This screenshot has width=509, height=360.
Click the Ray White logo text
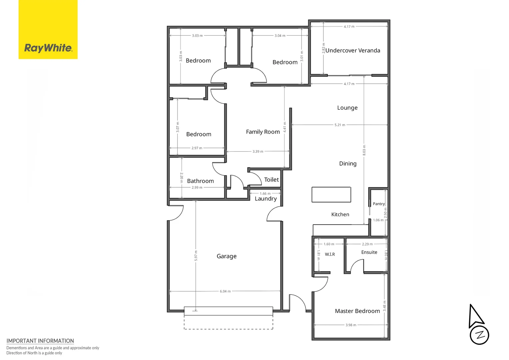[x=48, y=48]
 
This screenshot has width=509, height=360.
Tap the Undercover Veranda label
[x=353, y=50]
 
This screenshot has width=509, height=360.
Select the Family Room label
[x=263, y=132]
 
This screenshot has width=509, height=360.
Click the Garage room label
[x=227, y=256]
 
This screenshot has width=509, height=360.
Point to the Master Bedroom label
[x=357, y=311]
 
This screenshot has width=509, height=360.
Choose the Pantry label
[x=379, y=204]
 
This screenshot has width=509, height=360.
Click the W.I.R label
[x=330, y=254]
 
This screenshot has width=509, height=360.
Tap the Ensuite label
[x=369, y=252]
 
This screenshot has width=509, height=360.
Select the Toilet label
[x=271, y=180]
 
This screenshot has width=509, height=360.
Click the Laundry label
[x=265, y=199]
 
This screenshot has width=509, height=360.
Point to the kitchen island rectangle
[x=331, y=195]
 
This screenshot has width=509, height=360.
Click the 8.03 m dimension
[x=364, y=150]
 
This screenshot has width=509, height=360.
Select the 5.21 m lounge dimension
[x=340, y=125]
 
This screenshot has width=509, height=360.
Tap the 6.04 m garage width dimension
[x=225, y=291]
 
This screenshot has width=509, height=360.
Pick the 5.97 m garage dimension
[x=196, y=256]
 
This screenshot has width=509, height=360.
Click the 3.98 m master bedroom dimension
[x=351, y=325]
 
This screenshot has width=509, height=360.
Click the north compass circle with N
[x=479, y=335]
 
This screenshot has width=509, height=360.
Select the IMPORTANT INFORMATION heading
[x=40, y=341]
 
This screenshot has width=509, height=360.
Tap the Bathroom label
[x=201, y=181]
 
